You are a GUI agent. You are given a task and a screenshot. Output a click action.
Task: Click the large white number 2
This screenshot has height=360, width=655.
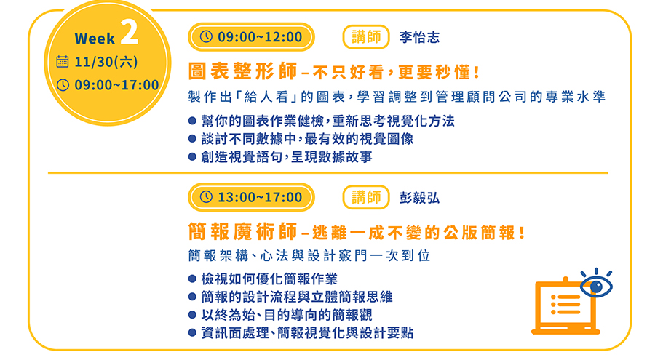(x=130, y=32)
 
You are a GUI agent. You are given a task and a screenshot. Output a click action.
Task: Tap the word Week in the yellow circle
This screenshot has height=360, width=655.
(x=95, y=39)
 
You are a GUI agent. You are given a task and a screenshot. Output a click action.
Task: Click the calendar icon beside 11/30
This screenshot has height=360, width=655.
(x=63, y=61)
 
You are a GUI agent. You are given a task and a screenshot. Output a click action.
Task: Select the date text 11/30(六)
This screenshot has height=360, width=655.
(x=106, y=62)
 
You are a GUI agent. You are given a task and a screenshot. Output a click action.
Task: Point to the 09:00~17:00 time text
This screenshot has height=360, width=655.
(x=116, y=85)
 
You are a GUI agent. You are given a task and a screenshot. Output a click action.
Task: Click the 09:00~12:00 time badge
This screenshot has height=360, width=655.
(x=251, y=37)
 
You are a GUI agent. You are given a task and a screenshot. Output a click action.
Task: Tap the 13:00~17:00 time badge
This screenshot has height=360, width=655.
(x=251, y=197)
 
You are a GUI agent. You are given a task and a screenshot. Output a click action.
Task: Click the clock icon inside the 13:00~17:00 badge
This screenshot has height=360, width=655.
(x=206, y=196)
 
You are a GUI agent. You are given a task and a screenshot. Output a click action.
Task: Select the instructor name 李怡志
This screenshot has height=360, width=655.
(x=419, y=37)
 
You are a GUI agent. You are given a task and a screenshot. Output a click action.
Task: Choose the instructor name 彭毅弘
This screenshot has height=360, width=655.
(x=419, y=198)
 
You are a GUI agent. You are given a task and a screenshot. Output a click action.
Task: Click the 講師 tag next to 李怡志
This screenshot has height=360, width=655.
(x=366, y=37)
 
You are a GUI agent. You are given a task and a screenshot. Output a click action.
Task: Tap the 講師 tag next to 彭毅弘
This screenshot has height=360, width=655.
(x=366, y=197)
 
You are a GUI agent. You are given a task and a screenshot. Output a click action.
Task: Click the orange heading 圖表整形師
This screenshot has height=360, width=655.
(x=242, y=71)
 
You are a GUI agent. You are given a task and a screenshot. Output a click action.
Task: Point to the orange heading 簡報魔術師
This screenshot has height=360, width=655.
(x=242, y=231)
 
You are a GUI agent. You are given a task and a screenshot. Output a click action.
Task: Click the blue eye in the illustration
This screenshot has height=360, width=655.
(x=596, y=286)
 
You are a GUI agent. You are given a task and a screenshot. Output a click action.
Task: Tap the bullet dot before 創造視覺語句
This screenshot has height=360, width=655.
(x=192, y=157)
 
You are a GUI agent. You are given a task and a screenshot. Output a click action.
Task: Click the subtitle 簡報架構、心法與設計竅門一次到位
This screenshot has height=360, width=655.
(x=309, y=255)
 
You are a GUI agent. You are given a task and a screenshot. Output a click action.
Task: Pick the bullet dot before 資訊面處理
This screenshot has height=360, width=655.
(x=192, y=333)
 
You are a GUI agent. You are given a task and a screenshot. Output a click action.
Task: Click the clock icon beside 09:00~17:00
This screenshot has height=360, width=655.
(x=63, y=85)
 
